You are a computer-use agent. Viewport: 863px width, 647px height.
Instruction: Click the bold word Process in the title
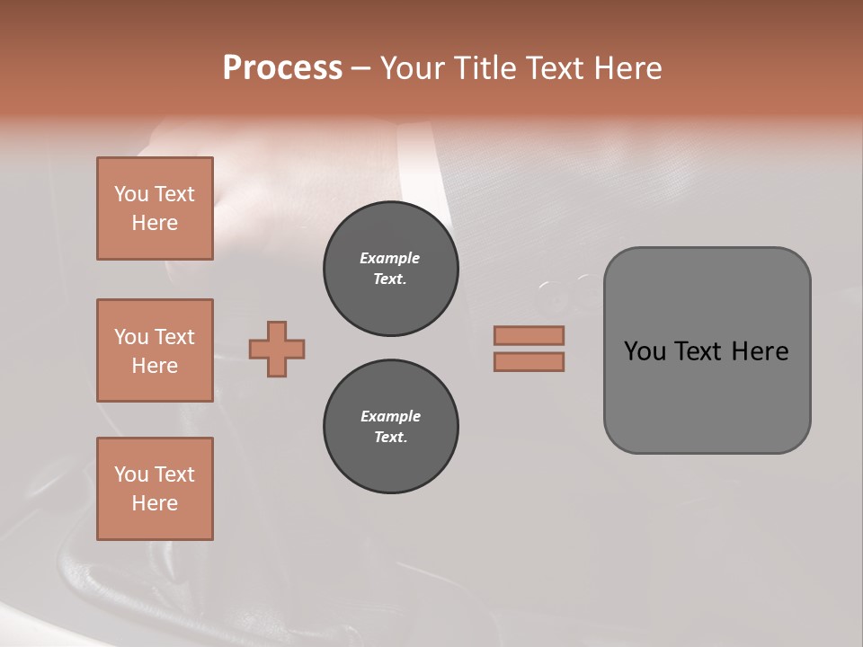click(282, 68)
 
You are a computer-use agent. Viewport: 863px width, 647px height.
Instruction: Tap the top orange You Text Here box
click(155, 208)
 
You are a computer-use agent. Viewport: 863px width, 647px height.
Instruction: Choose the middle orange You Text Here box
click(155, 350)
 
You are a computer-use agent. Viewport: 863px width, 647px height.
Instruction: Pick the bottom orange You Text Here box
click(155, 489)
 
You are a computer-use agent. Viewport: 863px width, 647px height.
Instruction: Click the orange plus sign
click(277, 349)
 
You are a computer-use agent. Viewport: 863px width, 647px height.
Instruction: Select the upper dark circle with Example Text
click(390, 268)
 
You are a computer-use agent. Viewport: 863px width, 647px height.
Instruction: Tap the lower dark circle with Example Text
click(390, 426)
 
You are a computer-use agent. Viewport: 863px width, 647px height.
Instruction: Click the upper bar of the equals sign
click(529, 335)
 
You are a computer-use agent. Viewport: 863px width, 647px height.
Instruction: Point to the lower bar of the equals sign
click(529, 361)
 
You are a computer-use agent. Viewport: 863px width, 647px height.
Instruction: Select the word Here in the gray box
click(760, 351)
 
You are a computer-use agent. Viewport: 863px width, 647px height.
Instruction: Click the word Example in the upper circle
click(390, 258)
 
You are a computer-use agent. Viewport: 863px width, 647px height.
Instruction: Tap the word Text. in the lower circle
click(390, 438)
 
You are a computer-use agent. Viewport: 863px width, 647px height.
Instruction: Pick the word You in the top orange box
click(131, 194)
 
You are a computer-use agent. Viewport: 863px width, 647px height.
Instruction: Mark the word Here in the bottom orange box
click(155, 503)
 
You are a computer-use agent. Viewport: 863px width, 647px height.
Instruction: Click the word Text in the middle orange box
click(174, 337)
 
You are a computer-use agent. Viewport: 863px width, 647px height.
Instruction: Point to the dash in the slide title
click(360, 68)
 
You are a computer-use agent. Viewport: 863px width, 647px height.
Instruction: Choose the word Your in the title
click(413, 68)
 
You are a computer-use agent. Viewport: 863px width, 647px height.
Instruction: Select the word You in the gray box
click(645, 351)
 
